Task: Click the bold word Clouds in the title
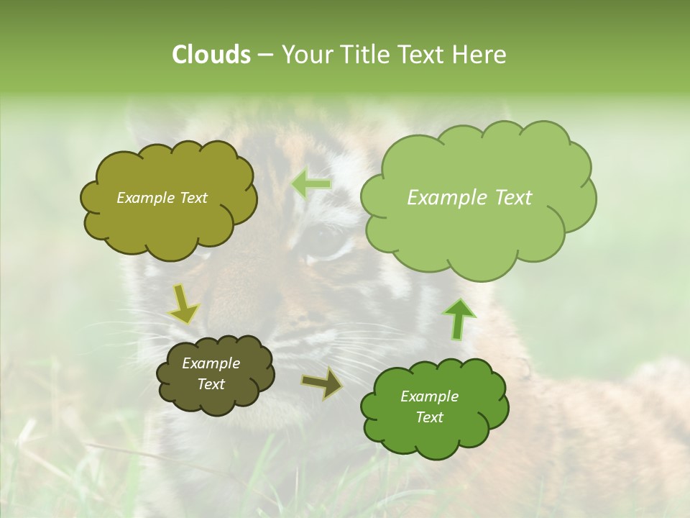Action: click(x=211, y=55)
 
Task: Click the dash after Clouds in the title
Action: click(x=265, y=55)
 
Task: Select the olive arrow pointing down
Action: click(x=184, y=304)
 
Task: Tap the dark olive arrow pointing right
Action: click(x=322, y=383)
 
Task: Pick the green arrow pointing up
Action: click(x=459, y=319)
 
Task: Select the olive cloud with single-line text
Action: click(x=168, y=198)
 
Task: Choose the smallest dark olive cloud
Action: click(x=215, y=374)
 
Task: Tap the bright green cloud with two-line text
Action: click(x=433, y=406)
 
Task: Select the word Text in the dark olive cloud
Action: click(x=211, y=384)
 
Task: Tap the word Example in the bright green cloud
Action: click(x=429, y=396)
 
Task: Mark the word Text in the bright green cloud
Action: click(x=429, y=417)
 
